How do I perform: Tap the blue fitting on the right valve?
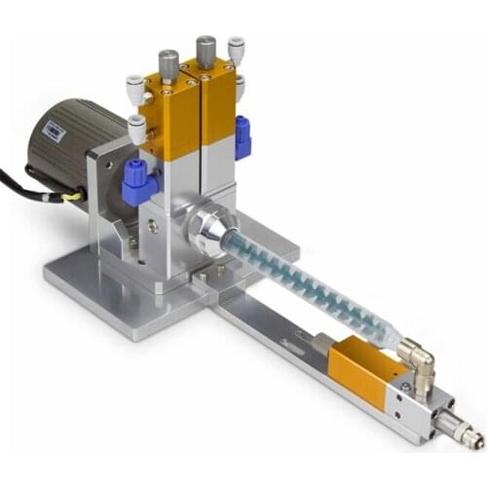(242, 135)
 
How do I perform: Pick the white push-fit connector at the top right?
(236, 49)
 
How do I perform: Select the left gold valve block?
(170, 117)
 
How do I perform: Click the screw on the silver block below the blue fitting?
(153, 225)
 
